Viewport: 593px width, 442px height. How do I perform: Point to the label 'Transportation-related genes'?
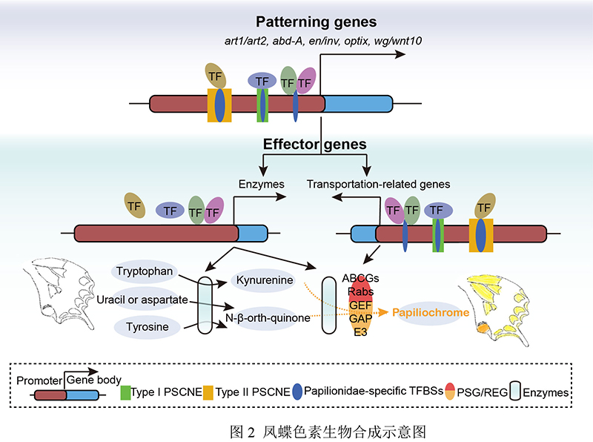click(379, 183)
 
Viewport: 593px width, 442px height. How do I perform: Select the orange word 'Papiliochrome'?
click(431, 313)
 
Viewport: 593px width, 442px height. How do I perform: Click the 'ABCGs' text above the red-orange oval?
click(360, 277)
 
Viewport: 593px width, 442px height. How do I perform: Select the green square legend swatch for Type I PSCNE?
click(126, 392)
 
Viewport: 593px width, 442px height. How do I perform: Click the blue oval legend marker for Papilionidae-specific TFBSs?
click(299, 392)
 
